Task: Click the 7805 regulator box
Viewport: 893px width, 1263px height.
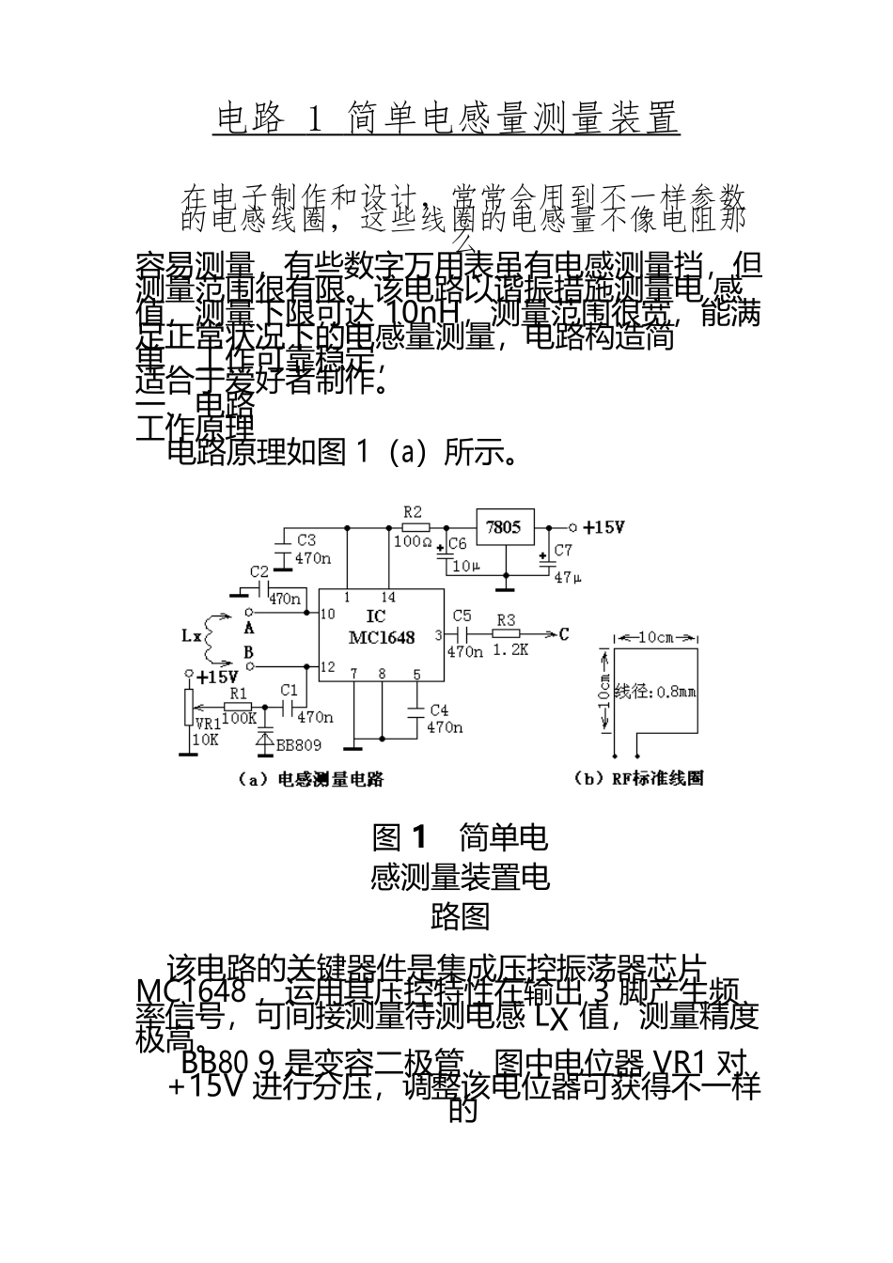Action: (x=505, y=526)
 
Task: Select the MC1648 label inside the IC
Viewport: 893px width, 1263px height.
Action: (x=381, y=637)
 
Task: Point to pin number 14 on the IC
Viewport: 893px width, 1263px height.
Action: (x=388, y=598)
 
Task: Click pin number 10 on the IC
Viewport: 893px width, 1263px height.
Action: (x=327, y=615)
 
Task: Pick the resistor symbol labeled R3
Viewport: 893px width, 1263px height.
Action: (x=506, y=634)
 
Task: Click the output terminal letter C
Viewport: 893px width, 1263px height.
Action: (x=563, y=634)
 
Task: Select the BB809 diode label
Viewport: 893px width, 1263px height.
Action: (x=298, y=744)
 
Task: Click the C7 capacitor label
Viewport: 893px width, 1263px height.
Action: (x=561, y=550)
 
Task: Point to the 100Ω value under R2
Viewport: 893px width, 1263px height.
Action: (x=413, y=541)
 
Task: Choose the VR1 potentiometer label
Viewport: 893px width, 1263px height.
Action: (x=206, y=724)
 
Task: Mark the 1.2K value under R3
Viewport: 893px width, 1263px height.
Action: (x=509, y=649)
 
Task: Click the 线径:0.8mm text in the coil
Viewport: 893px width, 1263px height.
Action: (x=654, y=693)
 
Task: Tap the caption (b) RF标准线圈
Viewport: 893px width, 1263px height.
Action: (x=638, y=777)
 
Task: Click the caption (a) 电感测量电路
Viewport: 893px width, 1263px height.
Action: (x=311, y=778)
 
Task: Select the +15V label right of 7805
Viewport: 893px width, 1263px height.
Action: (x=603, y=527)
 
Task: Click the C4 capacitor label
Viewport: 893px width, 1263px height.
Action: (x=439, y=710)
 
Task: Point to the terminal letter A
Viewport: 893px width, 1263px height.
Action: (x=249, y=627)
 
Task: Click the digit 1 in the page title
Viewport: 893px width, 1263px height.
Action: (x=316, y=118)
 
